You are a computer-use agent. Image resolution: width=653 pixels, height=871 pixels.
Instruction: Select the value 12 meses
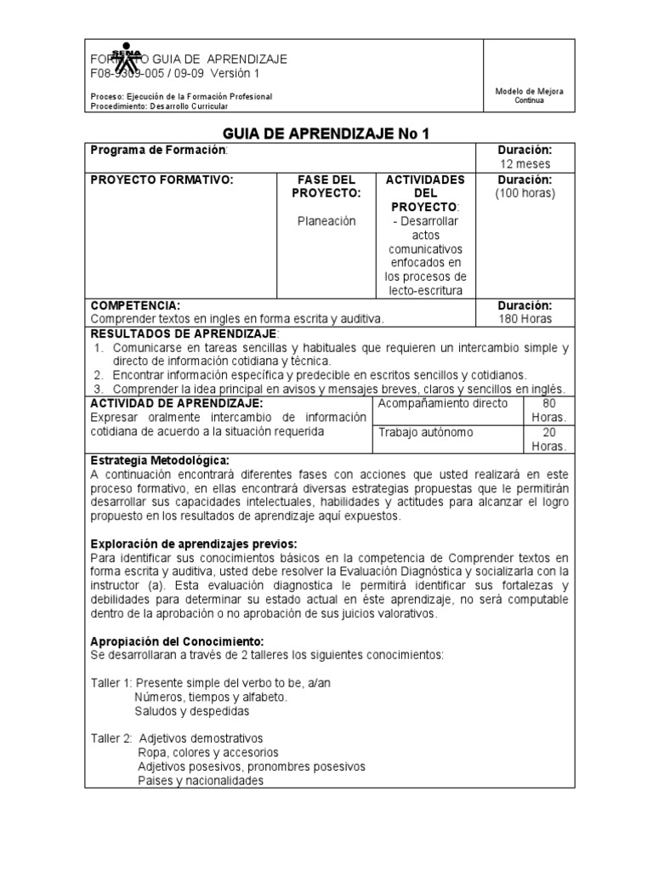(x=525, y=163)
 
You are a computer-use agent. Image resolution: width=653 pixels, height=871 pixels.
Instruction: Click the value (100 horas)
(x=525, y=193)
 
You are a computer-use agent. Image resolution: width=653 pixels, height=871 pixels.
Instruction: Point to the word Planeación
(x=326, y=220)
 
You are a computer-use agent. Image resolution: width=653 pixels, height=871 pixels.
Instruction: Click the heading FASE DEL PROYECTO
(x=326, y=186)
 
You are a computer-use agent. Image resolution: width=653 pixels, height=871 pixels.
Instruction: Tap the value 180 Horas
(x=525, y=319)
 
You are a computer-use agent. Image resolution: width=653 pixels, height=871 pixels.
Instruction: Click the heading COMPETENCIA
(x=136, y=305)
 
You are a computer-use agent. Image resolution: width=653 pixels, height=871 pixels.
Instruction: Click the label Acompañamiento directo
(x=442, y=403)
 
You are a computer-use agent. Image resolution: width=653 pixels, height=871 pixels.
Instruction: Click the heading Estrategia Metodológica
(x=159, y=460)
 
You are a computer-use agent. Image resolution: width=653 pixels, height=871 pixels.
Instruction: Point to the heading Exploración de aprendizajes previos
(x=193, y=544)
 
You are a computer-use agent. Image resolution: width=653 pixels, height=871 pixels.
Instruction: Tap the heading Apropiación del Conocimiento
(x=177, y=640)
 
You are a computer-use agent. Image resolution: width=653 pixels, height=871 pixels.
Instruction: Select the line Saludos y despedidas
(x=191, y=710)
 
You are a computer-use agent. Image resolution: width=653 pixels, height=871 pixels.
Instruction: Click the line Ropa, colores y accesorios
(x=208, y=752)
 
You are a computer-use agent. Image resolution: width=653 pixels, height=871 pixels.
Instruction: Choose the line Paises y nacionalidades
(x=201, y=780)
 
